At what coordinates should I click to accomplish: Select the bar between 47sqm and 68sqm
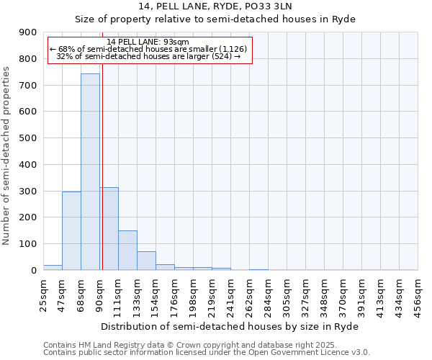(71, 230)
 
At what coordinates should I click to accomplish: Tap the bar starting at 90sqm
(109, 228)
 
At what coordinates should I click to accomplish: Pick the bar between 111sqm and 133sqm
(127, 250)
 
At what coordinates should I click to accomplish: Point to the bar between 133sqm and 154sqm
(146, 261)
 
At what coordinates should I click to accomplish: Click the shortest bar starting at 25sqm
(53, 267)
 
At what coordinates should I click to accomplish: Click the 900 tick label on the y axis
(28, 32)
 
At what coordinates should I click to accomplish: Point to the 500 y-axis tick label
(28, 138)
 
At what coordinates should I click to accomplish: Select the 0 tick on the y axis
(33, 270)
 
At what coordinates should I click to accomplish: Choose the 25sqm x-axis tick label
(44, 294)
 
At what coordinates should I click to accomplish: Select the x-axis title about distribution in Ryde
(230, 326)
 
